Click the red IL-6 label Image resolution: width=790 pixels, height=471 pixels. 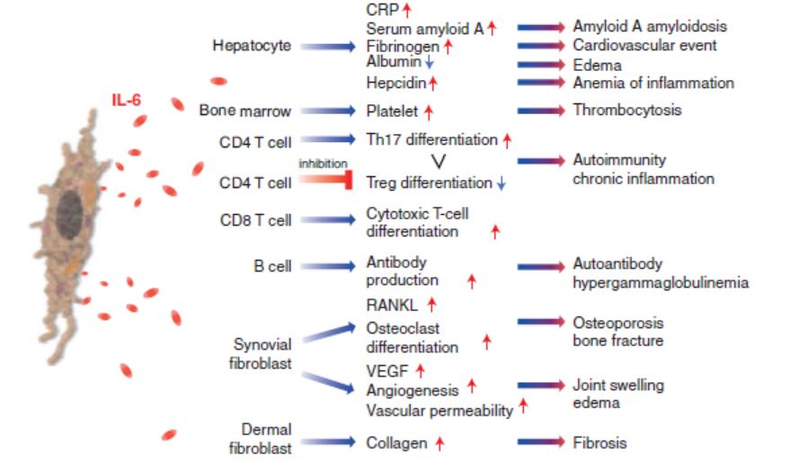pos(126,99)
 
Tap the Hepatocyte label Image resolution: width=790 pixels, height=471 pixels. pos(252,46)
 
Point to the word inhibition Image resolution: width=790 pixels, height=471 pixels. pos(322,163)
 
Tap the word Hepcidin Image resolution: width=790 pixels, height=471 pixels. pos(395,83)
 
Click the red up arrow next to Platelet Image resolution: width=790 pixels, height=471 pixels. pos(429,111)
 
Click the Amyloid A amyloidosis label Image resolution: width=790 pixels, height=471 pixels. pos(650,27)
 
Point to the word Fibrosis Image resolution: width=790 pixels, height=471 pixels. pos(599,442)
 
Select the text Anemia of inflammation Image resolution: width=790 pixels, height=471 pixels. pos(653,83)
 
